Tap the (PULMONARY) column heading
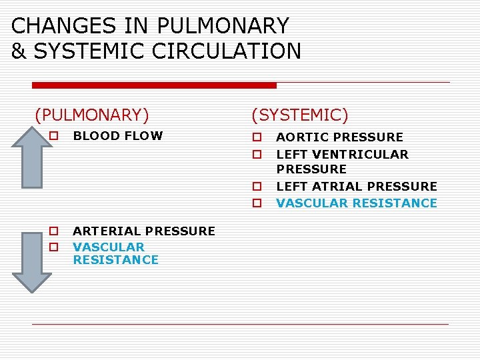point(92,115)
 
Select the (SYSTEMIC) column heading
point(299,115)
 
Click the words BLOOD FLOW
point(118,136)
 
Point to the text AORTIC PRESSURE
point(339,137)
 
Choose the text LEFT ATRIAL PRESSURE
point(357,187)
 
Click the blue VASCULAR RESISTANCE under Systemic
point(357,203)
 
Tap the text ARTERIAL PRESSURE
point(144,231)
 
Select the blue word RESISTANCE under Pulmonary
point(116,260)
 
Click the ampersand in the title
point(19,51)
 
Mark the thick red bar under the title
point(154,85)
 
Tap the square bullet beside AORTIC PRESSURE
point(255,138)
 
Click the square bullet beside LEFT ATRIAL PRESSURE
point(255,187)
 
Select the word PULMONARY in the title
point(222,26)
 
